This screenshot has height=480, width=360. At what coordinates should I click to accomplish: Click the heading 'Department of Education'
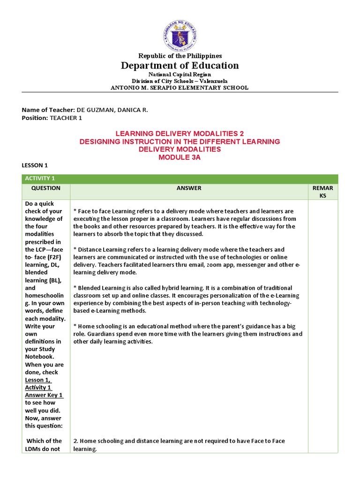point(180,66)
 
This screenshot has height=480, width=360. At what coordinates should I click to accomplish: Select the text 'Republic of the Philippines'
point(180,56)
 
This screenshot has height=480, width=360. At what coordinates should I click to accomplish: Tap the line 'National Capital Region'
point(180,75)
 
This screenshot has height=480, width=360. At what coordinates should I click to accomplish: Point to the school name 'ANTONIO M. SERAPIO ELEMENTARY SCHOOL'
point(180,88)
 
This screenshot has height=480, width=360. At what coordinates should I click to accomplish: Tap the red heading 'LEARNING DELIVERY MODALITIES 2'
point(180,134)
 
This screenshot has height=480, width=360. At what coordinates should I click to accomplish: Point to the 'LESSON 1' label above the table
point(35,165)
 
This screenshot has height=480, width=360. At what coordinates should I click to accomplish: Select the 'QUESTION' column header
point(46,188)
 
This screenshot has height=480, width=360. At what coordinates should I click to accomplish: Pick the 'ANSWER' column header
point(189,188)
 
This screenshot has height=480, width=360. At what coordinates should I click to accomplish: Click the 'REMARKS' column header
point(322,192)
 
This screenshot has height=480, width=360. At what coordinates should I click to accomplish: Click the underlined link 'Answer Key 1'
point(44,395)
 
